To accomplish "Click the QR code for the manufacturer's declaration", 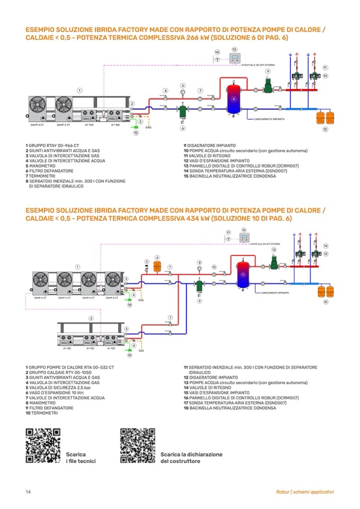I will click(138, 445).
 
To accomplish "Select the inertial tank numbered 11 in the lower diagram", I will click(243, 274).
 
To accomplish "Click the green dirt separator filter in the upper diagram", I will click(183, 112).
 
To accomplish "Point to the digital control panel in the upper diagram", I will click(235, 59).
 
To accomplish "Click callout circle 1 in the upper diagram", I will click(80, 90).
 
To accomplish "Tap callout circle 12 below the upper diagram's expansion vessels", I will click(325, 129).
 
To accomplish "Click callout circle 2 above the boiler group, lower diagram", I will click(91, 318).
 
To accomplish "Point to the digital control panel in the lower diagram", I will click(244, 237).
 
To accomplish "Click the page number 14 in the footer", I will click(28, 491).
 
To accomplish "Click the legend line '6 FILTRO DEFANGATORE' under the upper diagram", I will click(49, 171).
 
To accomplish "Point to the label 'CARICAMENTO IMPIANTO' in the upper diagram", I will click(272, 119).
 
